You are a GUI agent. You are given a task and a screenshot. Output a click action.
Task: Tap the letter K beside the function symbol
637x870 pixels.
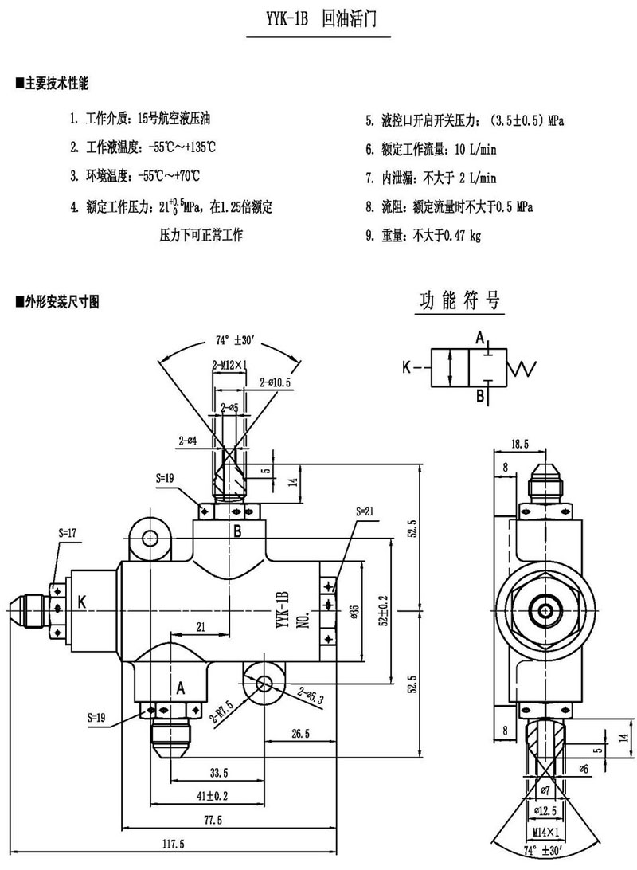click(407, 368)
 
